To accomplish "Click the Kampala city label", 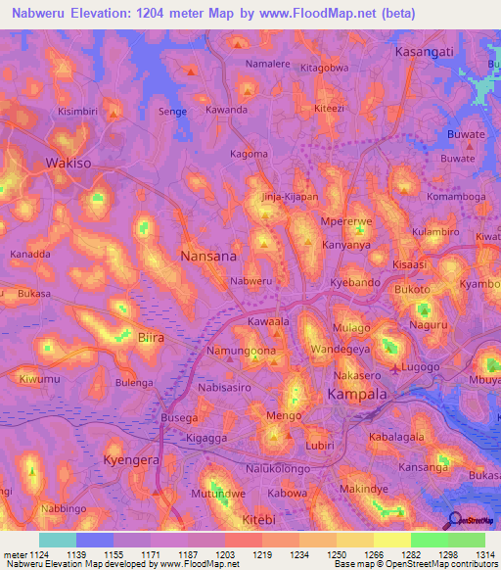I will (356, 394).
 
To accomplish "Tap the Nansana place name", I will (208, 256).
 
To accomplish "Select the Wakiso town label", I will (69, 164).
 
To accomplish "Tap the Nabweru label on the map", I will (250, 281).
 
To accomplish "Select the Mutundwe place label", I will (217, 494).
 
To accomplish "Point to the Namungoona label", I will (240, 350).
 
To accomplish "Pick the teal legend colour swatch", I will (58, 540).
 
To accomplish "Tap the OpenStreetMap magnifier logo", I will (453, 521).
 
